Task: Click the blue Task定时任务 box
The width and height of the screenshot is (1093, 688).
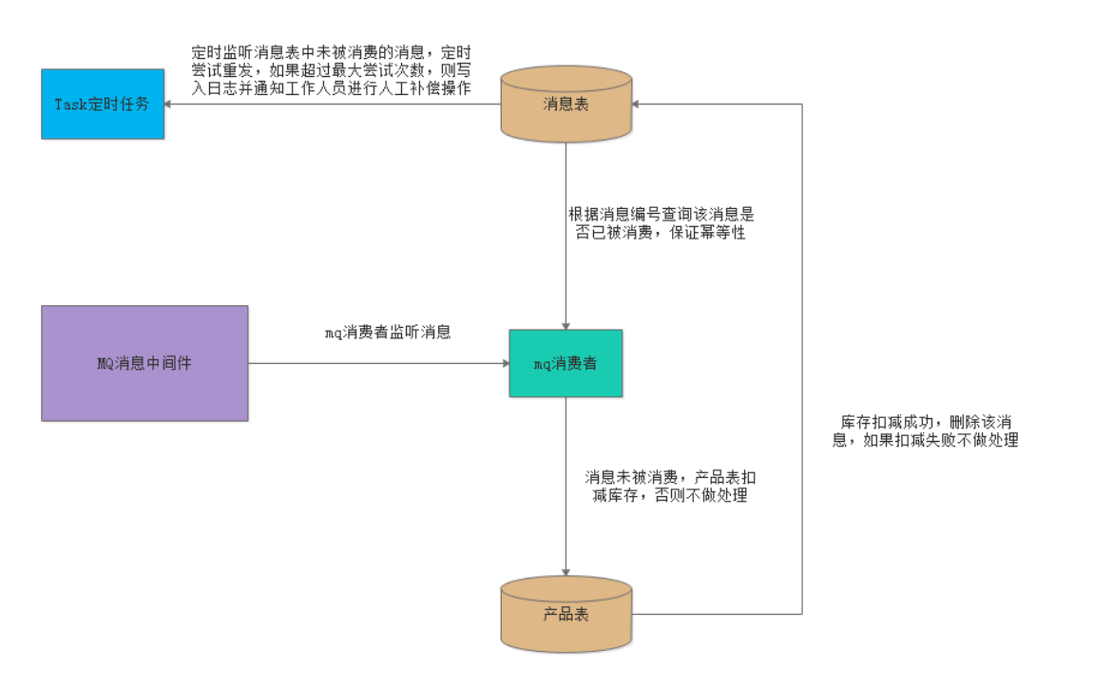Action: coord(103,104)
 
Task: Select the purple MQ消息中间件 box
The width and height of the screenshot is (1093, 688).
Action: coord(144,363)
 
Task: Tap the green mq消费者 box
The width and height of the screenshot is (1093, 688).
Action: coord(566,363)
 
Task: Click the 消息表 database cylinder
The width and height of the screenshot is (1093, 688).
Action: coord(566,105)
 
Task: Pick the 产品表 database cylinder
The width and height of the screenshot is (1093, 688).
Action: coord(566,614)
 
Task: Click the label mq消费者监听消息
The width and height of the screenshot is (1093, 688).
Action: coord(388,333)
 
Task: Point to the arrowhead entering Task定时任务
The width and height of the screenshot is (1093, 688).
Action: coord(170,104)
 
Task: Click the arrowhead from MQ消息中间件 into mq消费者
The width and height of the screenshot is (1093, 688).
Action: coord(504,363)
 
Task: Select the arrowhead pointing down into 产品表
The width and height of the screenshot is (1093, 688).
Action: coord(566,571)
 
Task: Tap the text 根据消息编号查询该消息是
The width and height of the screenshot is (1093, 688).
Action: coord(662,214)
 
